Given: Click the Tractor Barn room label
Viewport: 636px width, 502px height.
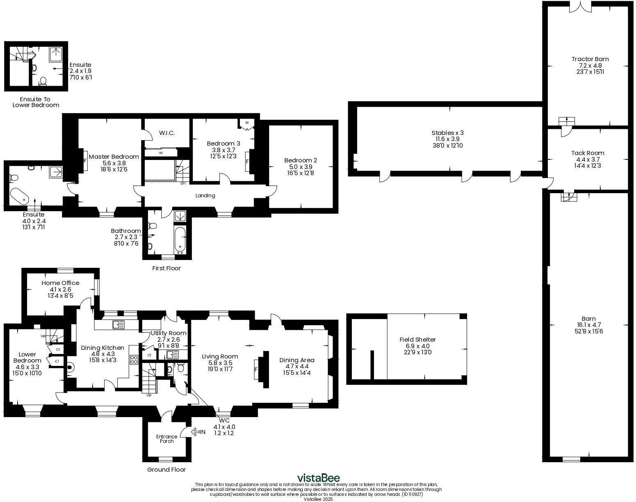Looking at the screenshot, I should click(590, 59).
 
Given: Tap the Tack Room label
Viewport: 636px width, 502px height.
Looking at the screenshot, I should click(588, 153).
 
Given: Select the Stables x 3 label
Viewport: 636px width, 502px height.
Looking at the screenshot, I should click(447, 133).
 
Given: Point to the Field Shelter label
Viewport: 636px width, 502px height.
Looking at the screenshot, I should click(417, 340).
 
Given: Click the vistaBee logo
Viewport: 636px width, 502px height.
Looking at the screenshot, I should click(318, 478).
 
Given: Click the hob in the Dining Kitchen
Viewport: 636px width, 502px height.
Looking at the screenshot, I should click(134, 360).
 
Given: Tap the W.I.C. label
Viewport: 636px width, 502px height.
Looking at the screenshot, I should click(167, 133).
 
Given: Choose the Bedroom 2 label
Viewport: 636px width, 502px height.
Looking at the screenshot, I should click(301, 160).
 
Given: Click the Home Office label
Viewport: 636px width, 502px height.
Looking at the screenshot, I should click(60, 283).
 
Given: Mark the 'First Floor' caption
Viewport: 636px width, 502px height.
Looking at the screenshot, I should click(166, 268).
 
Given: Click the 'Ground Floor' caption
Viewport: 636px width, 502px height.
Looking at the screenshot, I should click(166, 470).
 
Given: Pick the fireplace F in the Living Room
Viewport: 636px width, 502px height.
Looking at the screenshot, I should click(256, 370).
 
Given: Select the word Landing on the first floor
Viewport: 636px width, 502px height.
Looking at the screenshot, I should click(205, 196).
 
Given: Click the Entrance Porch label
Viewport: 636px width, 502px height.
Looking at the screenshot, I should click(166, 439).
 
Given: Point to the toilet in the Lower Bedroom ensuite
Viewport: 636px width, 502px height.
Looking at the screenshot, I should click(43, 81).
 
